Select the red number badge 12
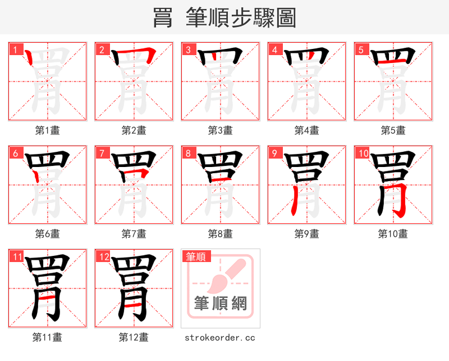point(103,256)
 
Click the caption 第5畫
point(393,130)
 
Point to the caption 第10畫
point(393,233)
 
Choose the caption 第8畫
point(220,233)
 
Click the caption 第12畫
point(134,337)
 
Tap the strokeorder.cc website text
point(220,337)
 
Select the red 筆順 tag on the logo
point(196,256)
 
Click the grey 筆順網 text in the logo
point(220,304)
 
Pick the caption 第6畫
point(47,233)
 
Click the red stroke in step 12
point(134,303)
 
